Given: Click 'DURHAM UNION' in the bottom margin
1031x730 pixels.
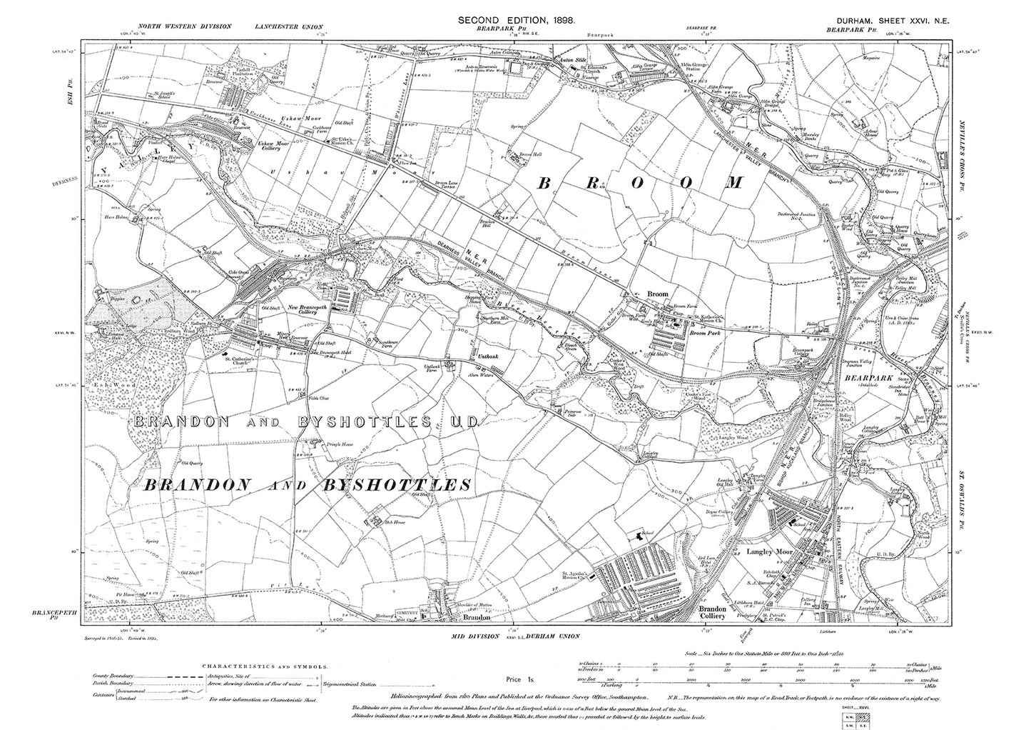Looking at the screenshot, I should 549,636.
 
